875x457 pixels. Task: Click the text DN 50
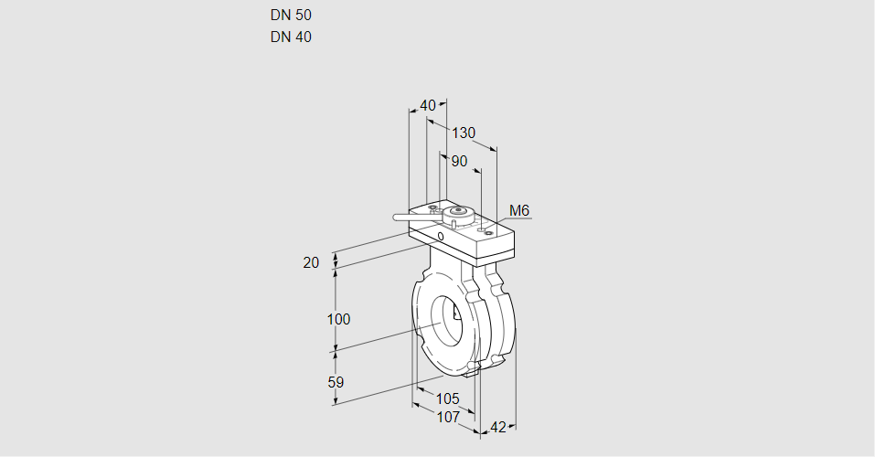click(x=291, y=15)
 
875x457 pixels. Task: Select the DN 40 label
click(x=291, y=37)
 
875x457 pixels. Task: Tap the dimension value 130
click(x=464, y=133)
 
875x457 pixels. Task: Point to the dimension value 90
click(x=459, y=162)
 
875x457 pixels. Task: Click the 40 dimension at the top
click(x=428, y=106)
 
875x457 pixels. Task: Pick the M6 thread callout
click(x=519, y=211)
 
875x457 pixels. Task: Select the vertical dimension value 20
click(x=312, y=263)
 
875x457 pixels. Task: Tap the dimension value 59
click(x=336, y=382)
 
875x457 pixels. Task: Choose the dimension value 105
click(x=447, y=399)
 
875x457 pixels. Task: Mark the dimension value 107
click(x=448, y=417)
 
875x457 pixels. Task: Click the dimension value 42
click(x=498, y=427)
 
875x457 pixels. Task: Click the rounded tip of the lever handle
click(x=397, y=218)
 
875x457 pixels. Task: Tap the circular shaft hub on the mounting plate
click(x=459, y=216)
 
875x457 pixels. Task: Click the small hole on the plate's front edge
click(x=441, y=238)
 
